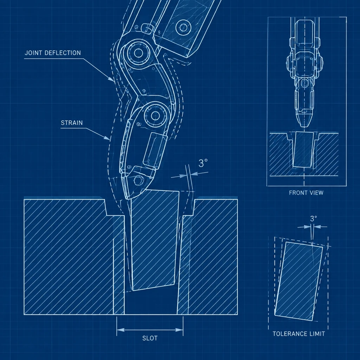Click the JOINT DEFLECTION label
[x=53, y=53]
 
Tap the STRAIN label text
[x=72, y=123]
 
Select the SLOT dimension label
[x=150, y=338]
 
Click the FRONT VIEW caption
[x=306, y=193]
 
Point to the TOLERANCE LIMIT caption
[x=299, y=334]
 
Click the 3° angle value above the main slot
[x=203, y=163]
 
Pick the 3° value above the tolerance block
[x=313, y=219]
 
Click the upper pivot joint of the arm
[x=138, y=53]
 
